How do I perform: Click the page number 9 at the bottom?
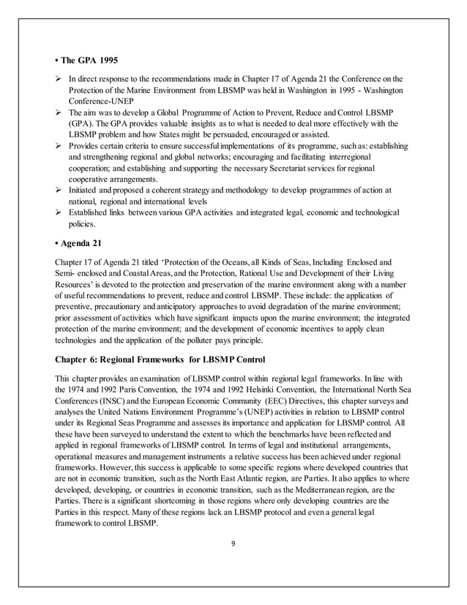233,544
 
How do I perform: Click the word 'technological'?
371,212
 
